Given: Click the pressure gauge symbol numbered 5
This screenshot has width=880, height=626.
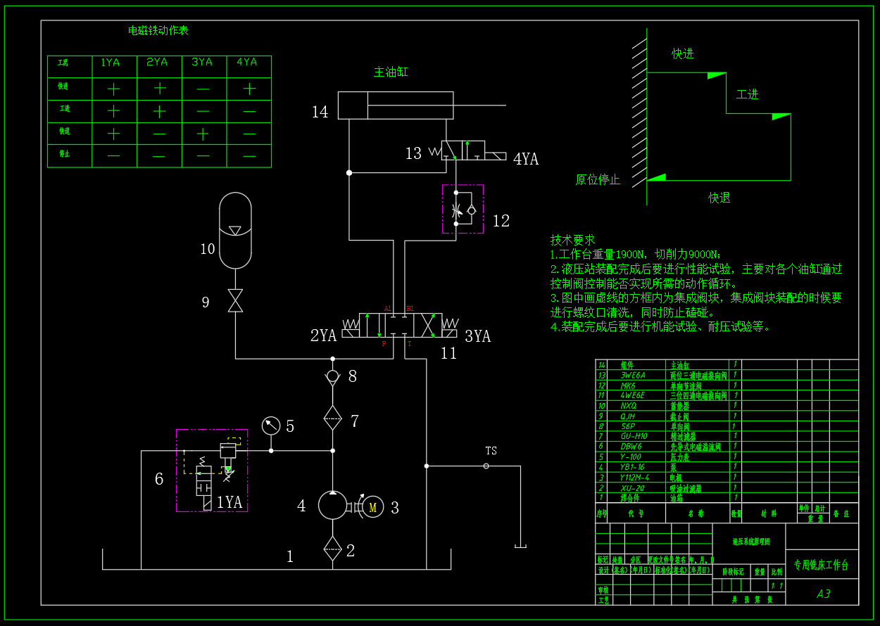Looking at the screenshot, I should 270,426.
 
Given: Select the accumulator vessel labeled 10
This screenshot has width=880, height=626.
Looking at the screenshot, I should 235,230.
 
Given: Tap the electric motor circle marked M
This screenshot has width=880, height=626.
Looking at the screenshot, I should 373,506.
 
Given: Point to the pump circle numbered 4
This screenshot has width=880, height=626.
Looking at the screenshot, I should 333,505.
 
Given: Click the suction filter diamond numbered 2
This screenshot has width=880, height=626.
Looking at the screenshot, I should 332,548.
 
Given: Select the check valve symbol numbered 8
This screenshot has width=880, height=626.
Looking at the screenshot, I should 332,376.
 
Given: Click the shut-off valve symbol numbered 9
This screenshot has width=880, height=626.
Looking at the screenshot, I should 235,300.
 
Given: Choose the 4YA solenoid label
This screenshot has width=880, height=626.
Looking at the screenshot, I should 526,160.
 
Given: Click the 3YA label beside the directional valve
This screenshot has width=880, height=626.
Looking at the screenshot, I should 477,336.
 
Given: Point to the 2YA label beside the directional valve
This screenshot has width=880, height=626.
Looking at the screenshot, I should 323,336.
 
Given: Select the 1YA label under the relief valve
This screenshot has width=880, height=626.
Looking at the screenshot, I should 230,502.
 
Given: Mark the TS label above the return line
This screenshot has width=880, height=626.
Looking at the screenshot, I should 491,451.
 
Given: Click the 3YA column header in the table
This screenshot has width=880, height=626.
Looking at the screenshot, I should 202,63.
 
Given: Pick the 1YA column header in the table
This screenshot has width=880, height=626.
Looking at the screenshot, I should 110,63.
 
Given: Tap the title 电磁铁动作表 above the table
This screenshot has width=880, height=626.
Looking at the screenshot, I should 158,30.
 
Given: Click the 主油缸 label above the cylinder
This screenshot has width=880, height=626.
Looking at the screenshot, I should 391,72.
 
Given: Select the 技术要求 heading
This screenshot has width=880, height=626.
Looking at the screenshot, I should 572,240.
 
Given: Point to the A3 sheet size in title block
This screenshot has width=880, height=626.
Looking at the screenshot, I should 823,594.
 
